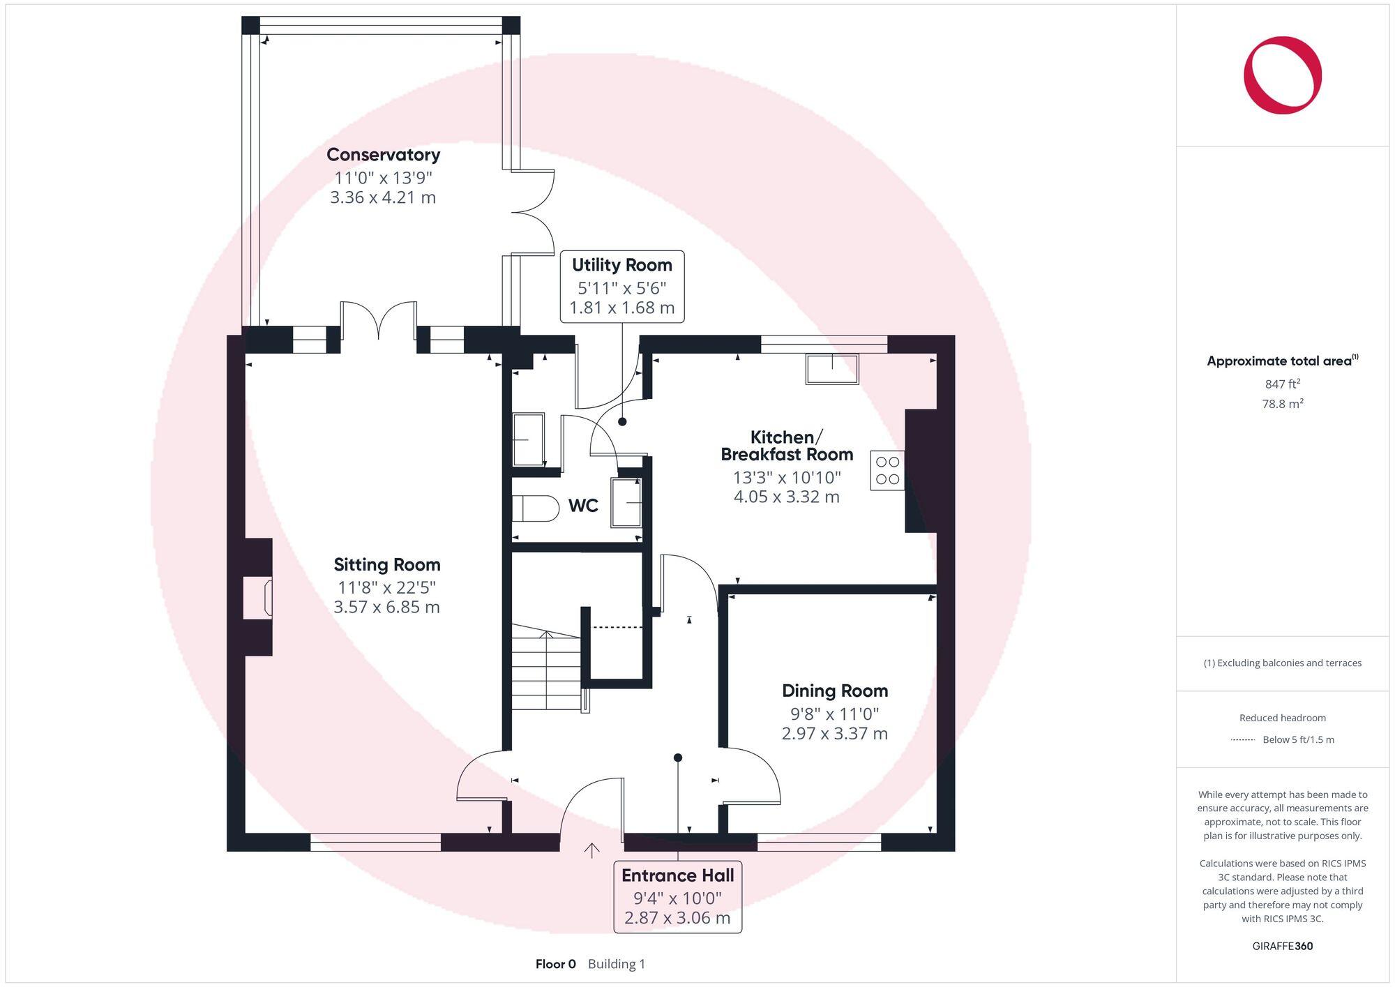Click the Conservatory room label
tap(383, 155)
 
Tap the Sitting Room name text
tap(386, 564)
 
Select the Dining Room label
tap(834, 691)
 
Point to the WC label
tap(583, 506)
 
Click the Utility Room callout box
tap(621, 286)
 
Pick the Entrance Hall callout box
tap(677, 896)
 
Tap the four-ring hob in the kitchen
tap(887, 470)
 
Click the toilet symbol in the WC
tap(536, 508)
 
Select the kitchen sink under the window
tap(831, 368)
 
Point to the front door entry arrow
tap(591, 850)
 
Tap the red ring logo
tap(1282, 75)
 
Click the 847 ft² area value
tap(1282, 384)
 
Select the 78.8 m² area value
tap(1282, 404)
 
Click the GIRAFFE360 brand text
tap(1282, 946)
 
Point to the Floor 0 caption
tap(555, 964)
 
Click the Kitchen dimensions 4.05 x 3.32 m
tap(786, 497)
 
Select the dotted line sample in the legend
tap(1243, 739)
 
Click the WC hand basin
tap(626, 502)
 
